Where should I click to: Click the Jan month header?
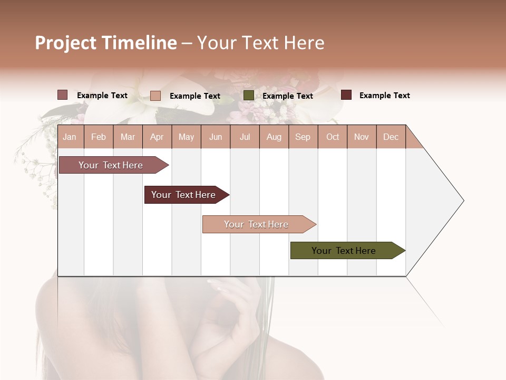coord(70,137)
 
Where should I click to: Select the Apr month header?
coord(157,137)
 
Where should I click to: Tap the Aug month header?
coord(274,137)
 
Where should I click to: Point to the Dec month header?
coord(391,137)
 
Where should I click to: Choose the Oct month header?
coord(333,137)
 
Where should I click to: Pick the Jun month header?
coord(216,137)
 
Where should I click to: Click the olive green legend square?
coord(249,96)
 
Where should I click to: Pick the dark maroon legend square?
coord(346,95)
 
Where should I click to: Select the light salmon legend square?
coord(155,96)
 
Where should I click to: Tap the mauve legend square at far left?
coord(63,95)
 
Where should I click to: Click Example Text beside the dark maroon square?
coord(384,96)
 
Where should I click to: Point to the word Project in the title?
coord(66,43)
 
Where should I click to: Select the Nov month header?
coord(362,137)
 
